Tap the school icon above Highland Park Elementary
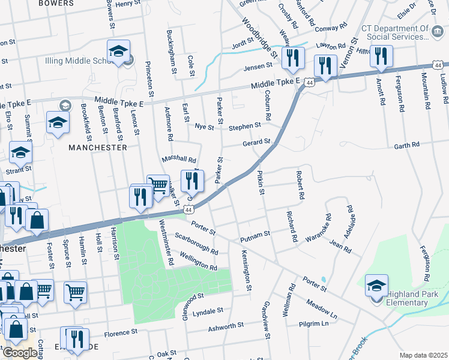pyautogui.click(x=376, y=284)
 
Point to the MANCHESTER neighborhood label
pyautogui.click(x=98, y=147)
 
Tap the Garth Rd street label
pyautogui.click(x=406, y=146)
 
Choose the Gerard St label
pyautogui.click(x=256, y=143)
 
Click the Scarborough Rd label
pyautogui.click(x=197, y=242)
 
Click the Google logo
pyautogui.click(x=20, y=352)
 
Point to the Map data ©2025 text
pyautogui.click(x=423, y=355)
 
